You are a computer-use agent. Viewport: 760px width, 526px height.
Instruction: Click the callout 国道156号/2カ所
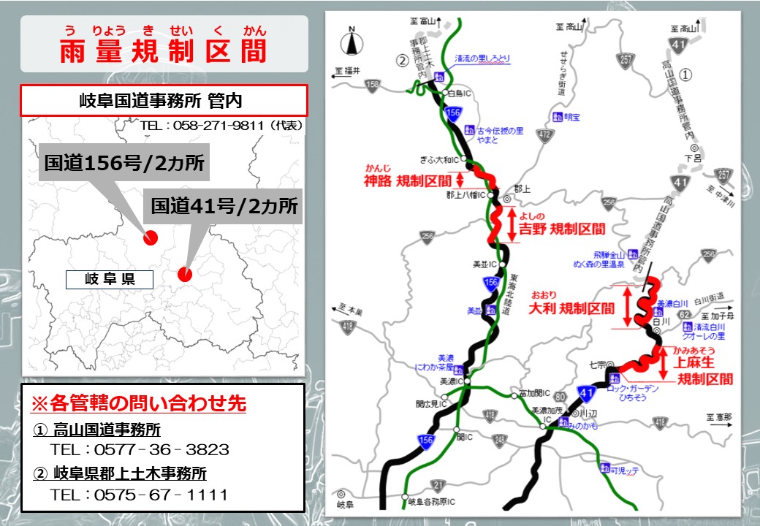(124, 163)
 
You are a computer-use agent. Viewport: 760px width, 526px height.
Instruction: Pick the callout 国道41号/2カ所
(225, 205)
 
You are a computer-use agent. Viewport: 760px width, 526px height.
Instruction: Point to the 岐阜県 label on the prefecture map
(110, 279)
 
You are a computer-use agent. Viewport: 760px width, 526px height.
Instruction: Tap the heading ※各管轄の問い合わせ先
(137, 403)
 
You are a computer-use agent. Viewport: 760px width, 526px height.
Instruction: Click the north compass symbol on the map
(351, 41)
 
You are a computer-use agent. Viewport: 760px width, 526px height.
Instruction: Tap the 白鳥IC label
(460, 94)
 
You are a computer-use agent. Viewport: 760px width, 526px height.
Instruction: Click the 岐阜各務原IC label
(432, 502)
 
